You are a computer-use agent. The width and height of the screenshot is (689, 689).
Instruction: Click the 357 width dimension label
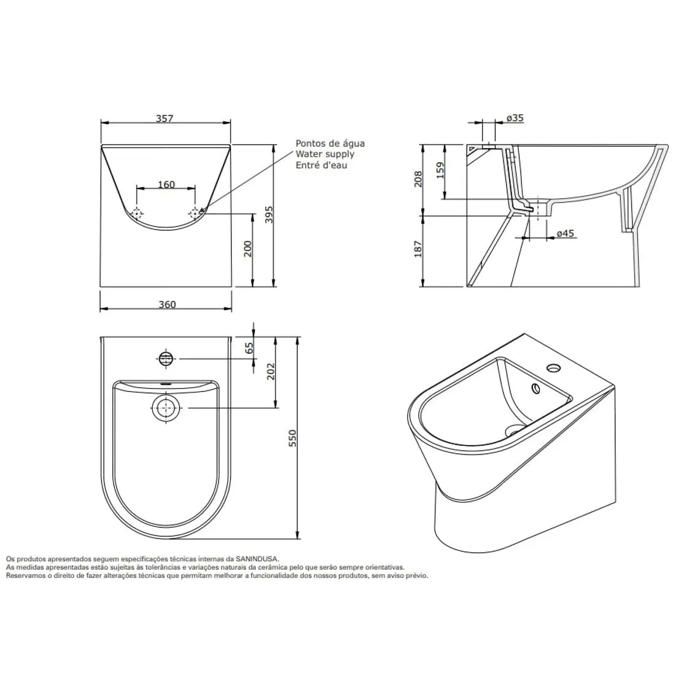(x=165, y=118)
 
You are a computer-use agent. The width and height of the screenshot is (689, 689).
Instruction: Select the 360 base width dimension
(x=167, y=305)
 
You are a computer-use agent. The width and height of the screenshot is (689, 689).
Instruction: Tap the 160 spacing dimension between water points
(x=166, y=185)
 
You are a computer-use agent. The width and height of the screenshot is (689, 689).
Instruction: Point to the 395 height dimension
(x=269, y=215)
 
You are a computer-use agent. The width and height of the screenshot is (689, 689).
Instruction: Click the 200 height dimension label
(x=248, y=249)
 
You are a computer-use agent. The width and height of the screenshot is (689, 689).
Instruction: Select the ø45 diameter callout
(x=566, y=233)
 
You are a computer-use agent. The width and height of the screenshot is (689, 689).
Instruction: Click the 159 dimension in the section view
(x=440, y=171)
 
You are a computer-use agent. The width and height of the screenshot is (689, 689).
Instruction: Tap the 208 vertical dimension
(x=418, y=179)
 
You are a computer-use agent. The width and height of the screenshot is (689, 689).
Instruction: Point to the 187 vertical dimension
(x=418, y=249)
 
